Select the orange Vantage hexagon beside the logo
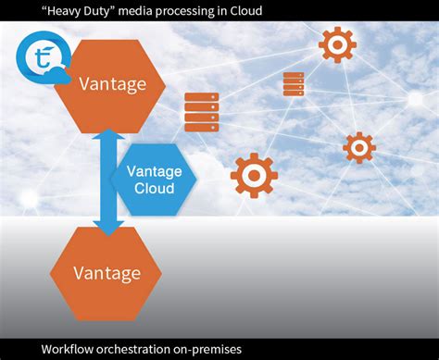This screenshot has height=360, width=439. pos(111,84)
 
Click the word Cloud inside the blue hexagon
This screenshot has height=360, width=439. pos(154,189)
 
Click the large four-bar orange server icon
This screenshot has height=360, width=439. pos(201,112)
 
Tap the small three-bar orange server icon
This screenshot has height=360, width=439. pos(294,84)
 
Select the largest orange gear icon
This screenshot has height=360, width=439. pos(254,176)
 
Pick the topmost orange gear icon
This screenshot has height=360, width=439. pos(337,44)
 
